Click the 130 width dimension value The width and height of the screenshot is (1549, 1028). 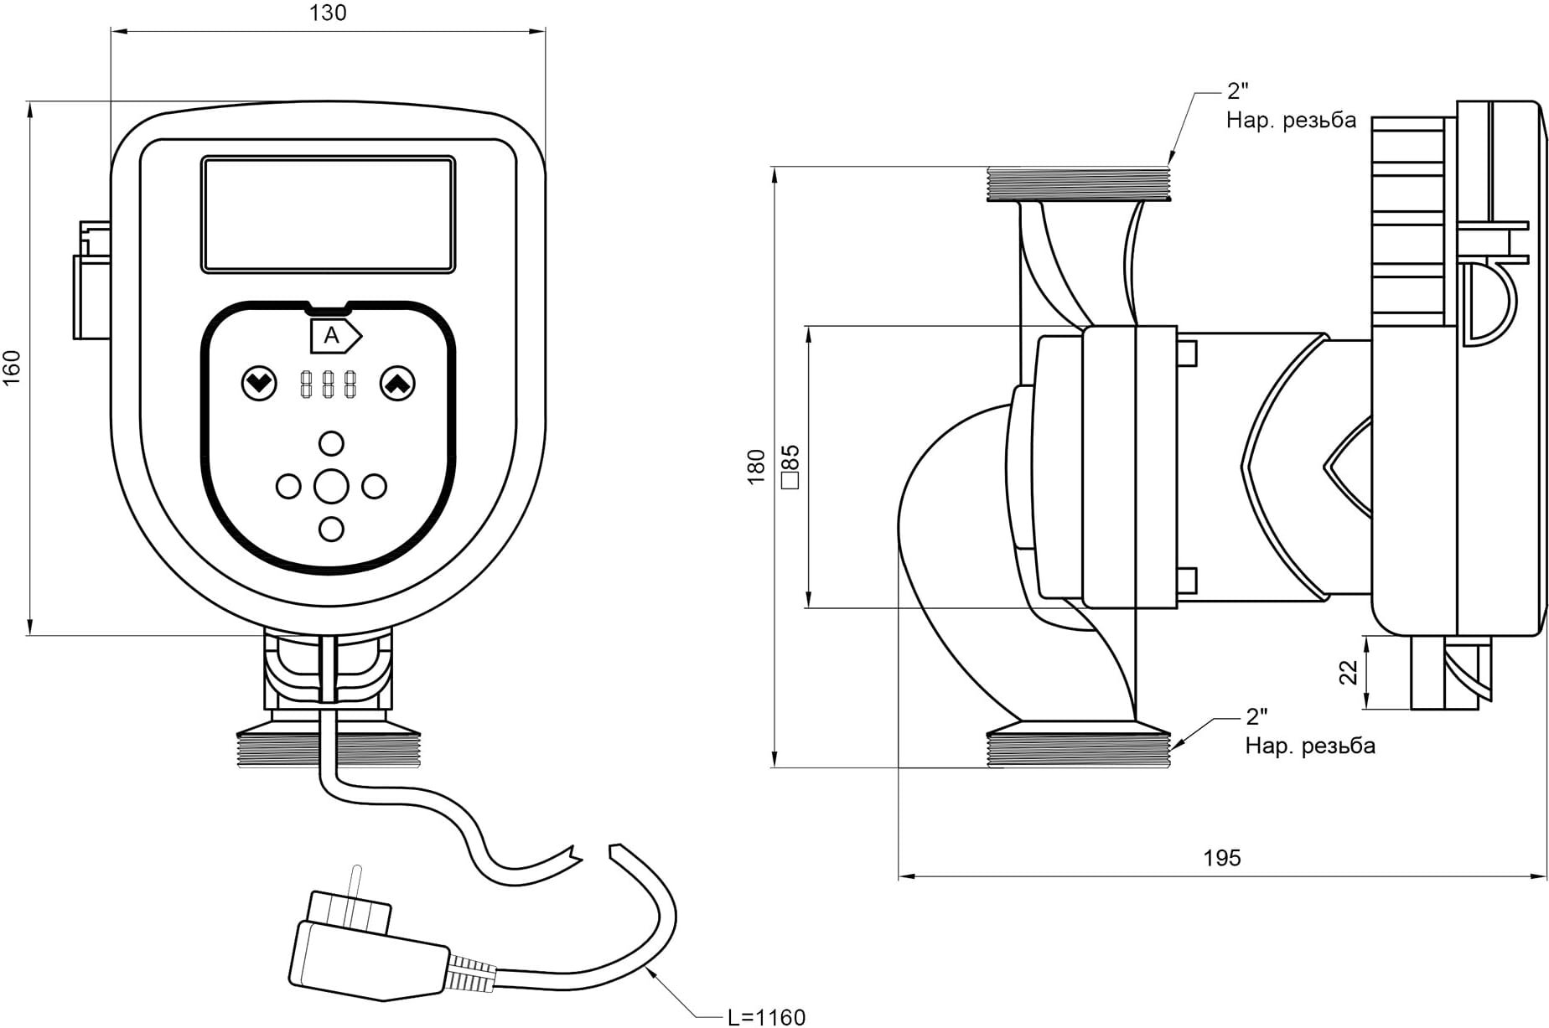(x=328, y=13)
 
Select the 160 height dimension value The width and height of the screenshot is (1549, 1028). (x=12, y=368)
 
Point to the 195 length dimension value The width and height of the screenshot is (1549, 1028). (x=1222, y=858)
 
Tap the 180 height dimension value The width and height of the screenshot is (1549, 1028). (x=756, y=467)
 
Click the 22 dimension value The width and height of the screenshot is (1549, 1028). (x=1348, y=672)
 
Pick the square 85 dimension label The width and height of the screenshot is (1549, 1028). (x=790, y=467)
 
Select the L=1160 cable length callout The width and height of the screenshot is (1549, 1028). (x=766, y=1017)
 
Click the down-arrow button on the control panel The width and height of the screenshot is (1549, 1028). (x=259, y=384)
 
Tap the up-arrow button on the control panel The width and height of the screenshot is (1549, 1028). (x=397, y=384)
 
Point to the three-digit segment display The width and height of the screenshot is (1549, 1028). (x=328, y=384)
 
